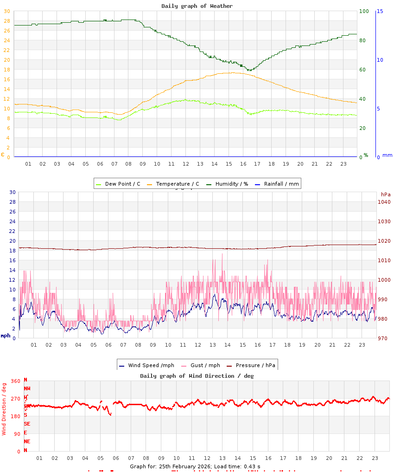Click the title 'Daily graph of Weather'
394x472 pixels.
(197, 6)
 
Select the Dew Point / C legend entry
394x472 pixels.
(118, 184)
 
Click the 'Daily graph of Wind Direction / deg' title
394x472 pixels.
(197, 376)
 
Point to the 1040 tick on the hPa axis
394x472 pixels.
(384, 202)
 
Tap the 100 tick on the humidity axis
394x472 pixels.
(364, 11)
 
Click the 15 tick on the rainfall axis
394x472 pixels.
(380, 11)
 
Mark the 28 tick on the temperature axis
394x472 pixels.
(6, 21)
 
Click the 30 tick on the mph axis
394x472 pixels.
(13, 192)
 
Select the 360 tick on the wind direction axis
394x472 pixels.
(15, 381)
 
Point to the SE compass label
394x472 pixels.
(27, 424)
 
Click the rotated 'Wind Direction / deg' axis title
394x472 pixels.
(4, 408)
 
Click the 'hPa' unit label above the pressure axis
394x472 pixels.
(386, 194)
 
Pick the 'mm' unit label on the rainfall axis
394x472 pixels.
(387, 155)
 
